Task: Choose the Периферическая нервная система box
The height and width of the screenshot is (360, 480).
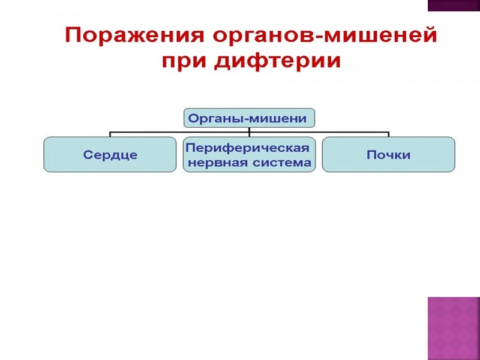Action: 249,155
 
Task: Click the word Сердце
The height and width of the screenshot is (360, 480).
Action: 110,155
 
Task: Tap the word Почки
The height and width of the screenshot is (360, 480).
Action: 388,155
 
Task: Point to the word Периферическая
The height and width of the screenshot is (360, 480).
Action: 248,148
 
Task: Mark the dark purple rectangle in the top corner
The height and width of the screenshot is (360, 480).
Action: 453,5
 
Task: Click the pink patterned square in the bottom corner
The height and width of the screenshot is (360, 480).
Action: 453,328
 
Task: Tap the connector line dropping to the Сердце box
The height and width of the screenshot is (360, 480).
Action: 110,134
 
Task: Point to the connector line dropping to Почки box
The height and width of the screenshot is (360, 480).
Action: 388,134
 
